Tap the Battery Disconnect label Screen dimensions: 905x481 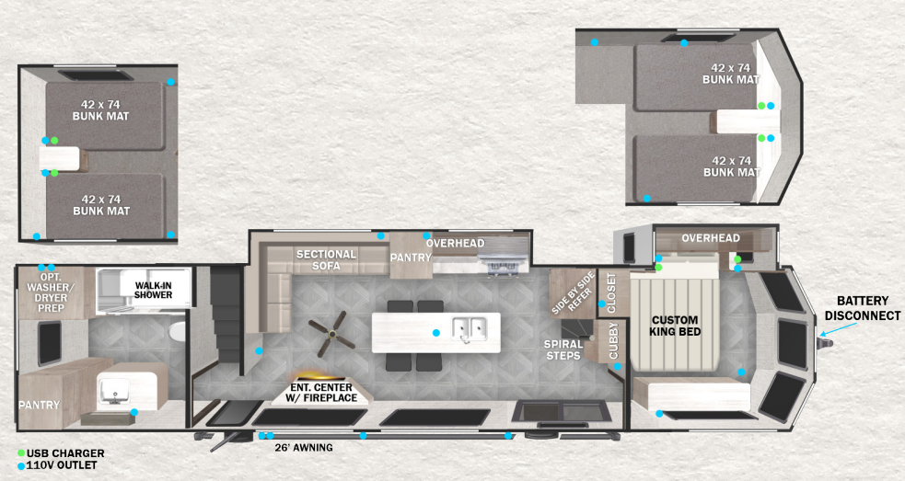pos(863,308)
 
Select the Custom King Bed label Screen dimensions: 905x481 pos(675,326)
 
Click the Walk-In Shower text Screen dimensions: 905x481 pos(154,290)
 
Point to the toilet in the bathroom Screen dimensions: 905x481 pos(178,333)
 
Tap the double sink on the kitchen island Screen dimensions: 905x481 pos(470,329)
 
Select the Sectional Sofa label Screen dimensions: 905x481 pos(326,259)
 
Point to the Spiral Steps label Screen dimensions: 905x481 pos(563,349)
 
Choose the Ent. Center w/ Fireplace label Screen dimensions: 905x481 pos(321,392)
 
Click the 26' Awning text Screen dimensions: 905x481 pos(304,448)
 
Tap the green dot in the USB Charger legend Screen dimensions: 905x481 pos(21,453)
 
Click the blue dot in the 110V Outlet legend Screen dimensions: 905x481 pos(21,465)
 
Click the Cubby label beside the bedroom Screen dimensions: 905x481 pos(613,340)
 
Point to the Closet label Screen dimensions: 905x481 pos(611,293)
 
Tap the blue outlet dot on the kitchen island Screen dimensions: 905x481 pos(435,333)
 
